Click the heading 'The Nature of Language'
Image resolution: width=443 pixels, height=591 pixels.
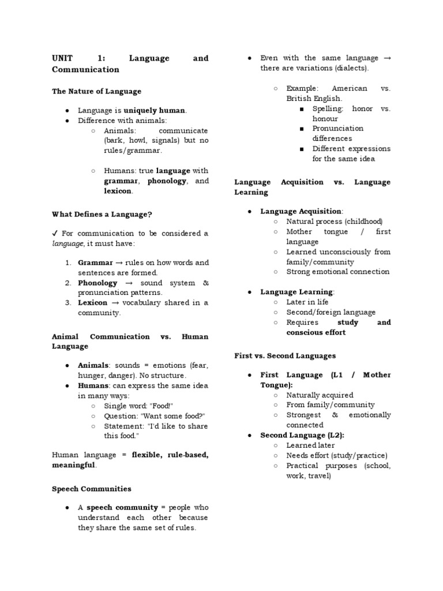click(96, 91)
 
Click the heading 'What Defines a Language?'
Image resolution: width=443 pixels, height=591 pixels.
click(102, 214)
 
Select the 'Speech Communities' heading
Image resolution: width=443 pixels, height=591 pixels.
click(92, 489)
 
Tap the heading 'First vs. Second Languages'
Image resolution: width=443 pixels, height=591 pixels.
click(285, 356)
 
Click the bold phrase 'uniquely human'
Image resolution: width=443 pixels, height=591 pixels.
click(155, 110)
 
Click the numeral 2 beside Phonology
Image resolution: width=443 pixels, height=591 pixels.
click(67, 283)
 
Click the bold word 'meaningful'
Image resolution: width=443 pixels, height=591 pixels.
click(74, 465)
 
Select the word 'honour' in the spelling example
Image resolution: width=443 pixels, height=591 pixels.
click(325, 118)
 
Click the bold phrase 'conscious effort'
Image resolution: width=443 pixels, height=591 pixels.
click(316, 332)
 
